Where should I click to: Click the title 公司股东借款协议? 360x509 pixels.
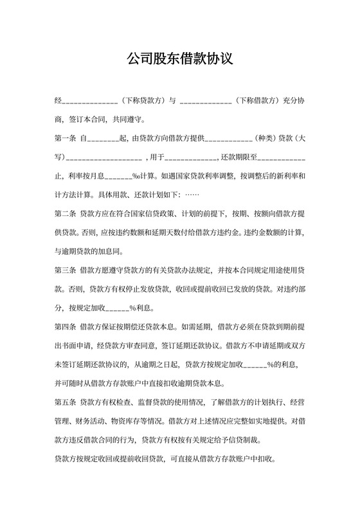tap(180, 60)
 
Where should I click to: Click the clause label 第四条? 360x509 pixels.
tap(66, 327)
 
